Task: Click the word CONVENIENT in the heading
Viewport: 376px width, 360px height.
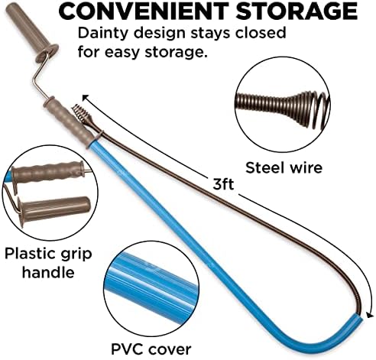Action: tap(144, 11)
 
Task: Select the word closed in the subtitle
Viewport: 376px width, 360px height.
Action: tap(261, 32)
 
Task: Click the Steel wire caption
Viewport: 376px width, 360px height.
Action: tap(284, 168)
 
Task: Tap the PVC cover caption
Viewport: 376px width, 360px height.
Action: tap(151, 349)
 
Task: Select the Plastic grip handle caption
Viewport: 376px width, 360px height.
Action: tap(48, 263)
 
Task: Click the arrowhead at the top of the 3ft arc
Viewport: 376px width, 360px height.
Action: tap(86, 98)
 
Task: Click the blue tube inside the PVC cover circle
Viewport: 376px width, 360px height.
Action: tap(151, 282)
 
